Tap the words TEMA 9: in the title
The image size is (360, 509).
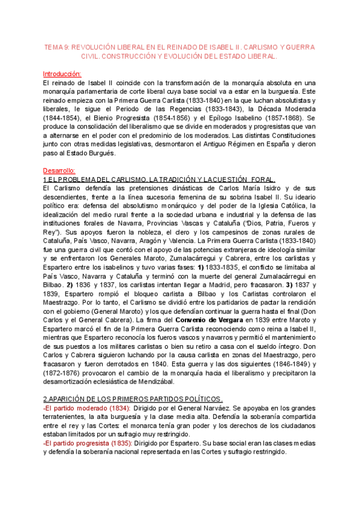point(59,47)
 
